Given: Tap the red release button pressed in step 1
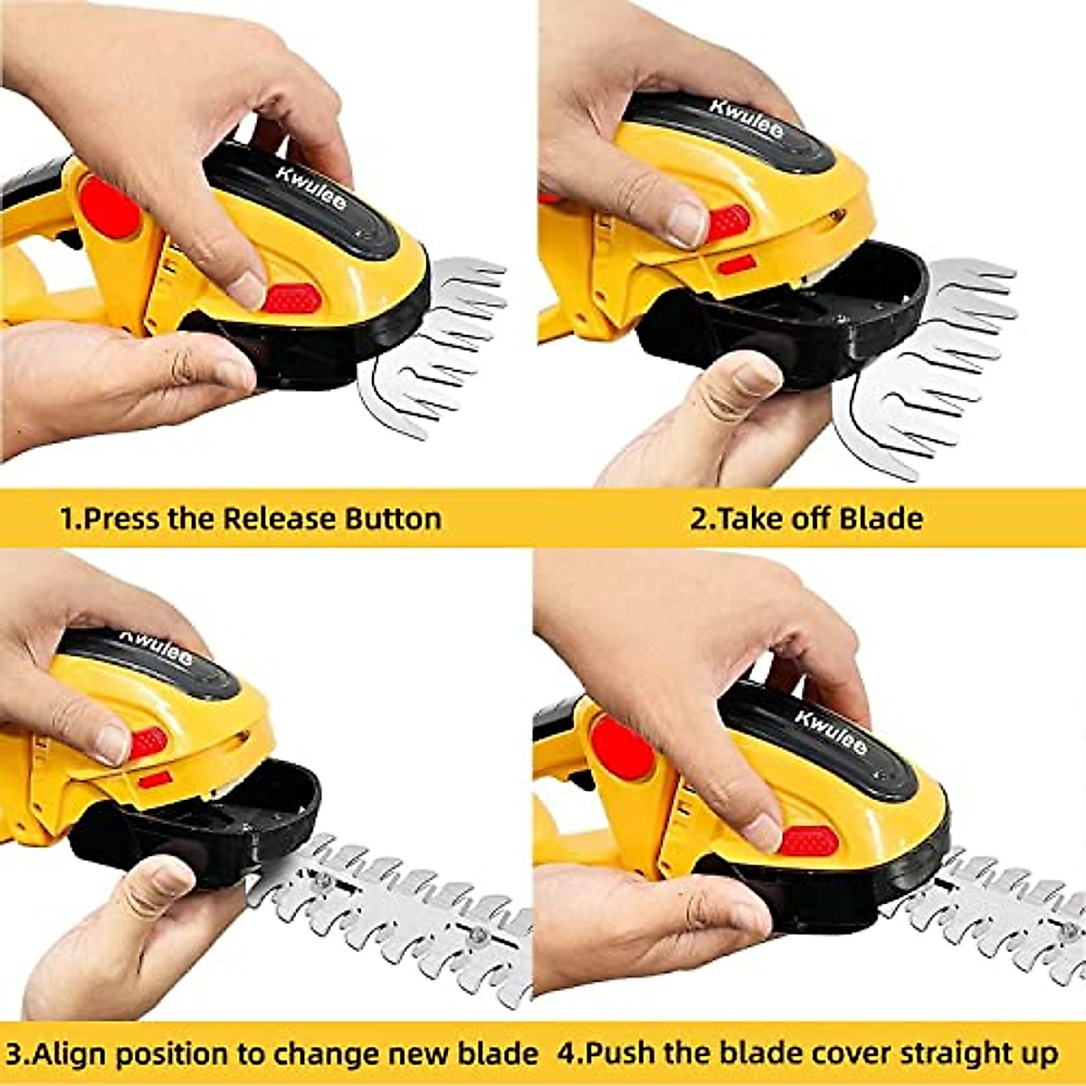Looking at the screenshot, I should click(x=292, y=298).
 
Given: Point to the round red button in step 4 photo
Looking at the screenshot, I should click(x=624, y=747).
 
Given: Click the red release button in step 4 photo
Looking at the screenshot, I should click(x=808, y=841).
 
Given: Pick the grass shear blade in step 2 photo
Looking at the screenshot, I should click(x=941, y=362).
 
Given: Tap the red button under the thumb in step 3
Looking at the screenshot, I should click(x=148, y=742).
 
